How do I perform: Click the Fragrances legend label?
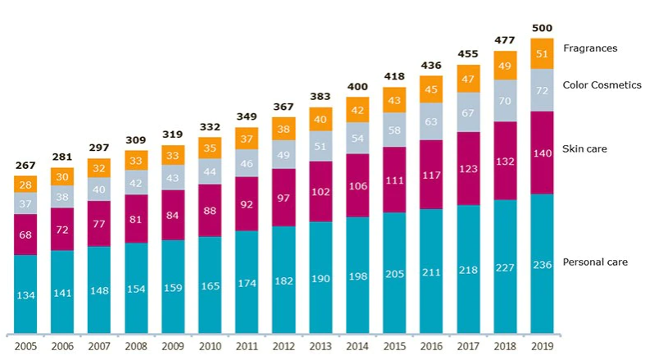click(x=590, y=48)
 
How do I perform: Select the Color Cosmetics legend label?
click(x=602, y=84)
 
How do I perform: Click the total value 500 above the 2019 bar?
click(x=543, y=28)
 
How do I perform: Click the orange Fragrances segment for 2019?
click(x=543, y=54)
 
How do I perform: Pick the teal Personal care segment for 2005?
click(x=25, y=294)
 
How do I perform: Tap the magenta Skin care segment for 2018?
click(x=506, y=161)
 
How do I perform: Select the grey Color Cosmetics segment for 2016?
click(x=432, y=121)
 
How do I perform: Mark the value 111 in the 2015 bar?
click(x=394, y=180)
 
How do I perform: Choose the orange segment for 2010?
click(x=210, y=148)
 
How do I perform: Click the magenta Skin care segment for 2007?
click(x=99, y=223)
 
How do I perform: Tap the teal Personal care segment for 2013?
click(x=320, y=277)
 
